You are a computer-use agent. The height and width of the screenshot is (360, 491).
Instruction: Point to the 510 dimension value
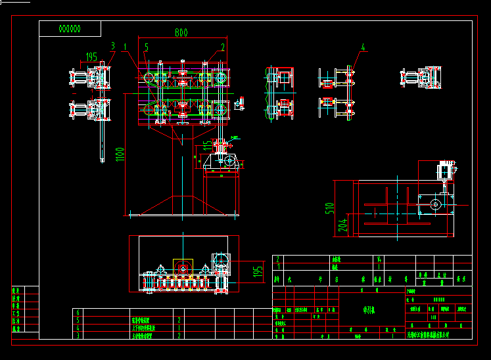point(331,208)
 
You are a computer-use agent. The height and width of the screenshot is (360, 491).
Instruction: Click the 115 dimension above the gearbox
point(207,145)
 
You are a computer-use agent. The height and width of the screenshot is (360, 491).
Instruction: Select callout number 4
point(362,47)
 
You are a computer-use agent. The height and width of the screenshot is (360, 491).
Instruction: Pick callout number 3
point(112,46)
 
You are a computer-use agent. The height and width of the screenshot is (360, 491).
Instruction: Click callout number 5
point(147,47)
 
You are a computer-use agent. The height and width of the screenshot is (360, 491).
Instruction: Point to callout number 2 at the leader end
point(223,47)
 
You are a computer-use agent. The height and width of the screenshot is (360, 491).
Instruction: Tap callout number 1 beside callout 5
point(125,46)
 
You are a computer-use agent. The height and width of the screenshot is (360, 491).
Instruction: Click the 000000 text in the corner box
point(70,29)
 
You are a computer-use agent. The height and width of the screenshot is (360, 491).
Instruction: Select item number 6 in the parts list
point(79,313)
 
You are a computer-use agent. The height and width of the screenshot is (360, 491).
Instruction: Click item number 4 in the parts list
point(79,327)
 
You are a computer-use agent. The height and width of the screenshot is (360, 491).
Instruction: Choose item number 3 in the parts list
point(79,335)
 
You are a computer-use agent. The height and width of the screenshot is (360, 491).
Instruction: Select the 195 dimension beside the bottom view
point(258,269)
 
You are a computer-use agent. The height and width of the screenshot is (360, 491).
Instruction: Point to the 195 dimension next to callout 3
point(92,57)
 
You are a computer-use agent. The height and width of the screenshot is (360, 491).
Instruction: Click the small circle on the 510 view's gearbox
point(434,204)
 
